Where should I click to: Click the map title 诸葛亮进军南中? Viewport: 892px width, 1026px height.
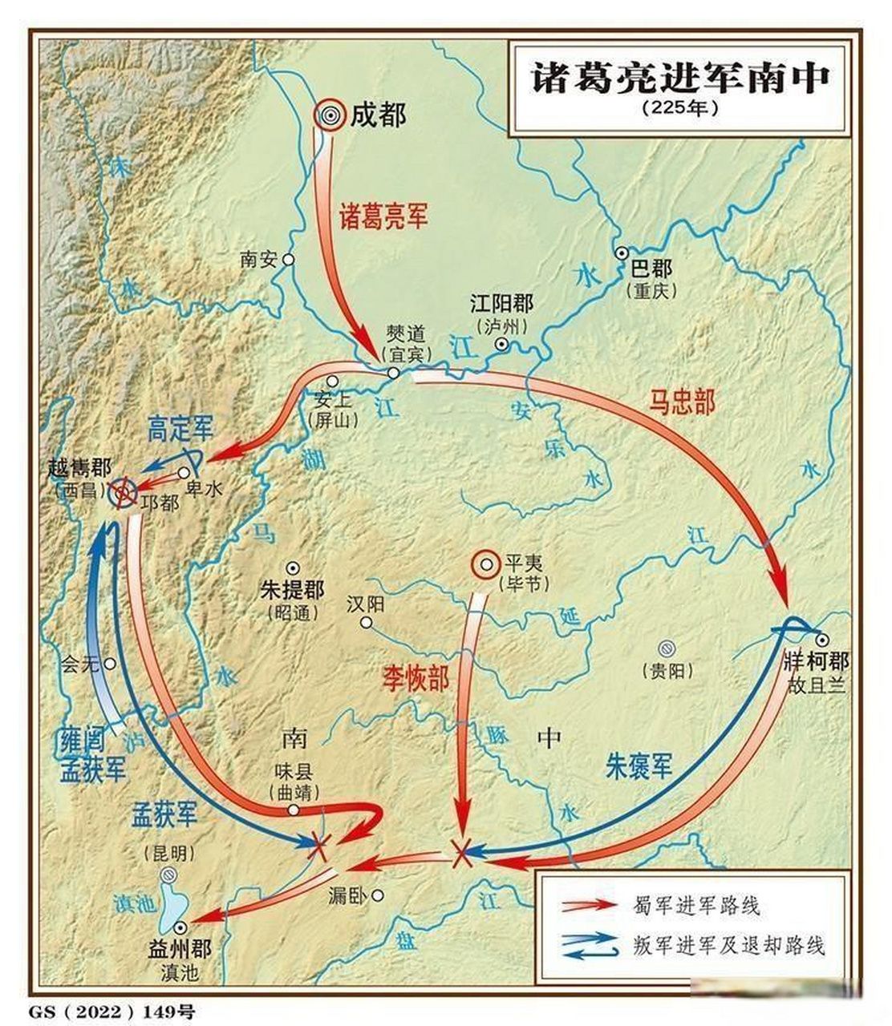click(681, 78)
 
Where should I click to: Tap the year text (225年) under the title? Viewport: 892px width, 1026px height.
click(680, 107)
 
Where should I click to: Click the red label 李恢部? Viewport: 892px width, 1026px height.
click(415, 678)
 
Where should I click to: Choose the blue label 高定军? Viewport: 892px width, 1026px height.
click(180, 430)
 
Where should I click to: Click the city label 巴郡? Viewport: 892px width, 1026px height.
click(651, 269)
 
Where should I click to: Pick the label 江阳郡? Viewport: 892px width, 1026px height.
click(501, 304)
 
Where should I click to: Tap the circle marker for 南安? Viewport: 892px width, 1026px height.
click(289, 260)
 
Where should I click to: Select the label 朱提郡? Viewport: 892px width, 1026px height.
click(292, 591)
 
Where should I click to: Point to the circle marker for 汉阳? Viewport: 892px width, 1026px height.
click(367, 623)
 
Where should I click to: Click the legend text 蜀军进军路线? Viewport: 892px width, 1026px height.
click(696, 906)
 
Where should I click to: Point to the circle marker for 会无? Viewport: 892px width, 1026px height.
click(110, 664)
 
